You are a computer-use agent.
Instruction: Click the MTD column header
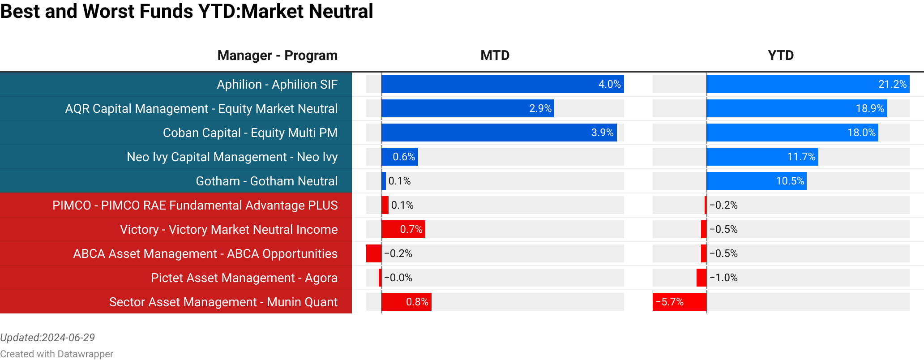(x=495, y=56)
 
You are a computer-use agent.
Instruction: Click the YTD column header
(x=781, y=56)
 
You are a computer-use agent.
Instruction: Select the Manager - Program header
(x=277, y=56)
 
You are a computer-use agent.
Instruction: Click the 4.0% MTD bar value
(x=609, y=85)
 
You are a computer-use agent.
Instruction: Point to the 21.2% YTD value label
(x=892, y=85)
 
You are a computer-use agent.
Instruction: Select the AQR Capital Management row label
(x=201, y=109)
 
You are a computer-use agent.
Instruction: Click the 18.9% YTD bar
(x=797, y=109)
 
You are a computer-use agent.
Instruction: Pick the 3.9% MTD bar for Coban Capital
(x=499, y=133)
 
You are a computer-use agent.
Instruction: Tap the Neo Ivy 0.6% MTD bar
(x=400, y=157)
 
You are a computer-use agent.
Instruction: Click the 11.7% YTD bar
(x=762, y=157)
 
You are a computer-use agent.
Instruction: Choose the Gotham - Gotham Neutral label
(x=266, y=181)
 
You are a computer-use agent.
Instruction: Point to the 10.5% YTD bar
(x=757, y=181)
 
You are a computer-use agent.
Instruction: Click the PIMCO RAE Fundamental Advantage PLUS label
(x=195, y=206)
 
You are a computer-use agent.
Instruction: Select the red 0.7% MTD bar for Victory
(x=403, y=230)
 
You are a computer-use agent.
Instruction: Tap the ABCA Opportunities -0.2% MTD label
(x=398, y=254)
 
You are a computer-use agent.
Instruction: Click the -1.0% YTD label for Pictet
(x=723, y=278)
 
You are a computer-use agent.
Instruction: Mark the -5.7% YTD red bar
(x=680, y=302)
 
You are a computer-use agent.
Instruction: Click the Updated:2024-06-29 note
(x=47, y=338)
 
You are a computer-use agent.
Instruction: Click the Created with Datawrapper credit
(x=57, y=354)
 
